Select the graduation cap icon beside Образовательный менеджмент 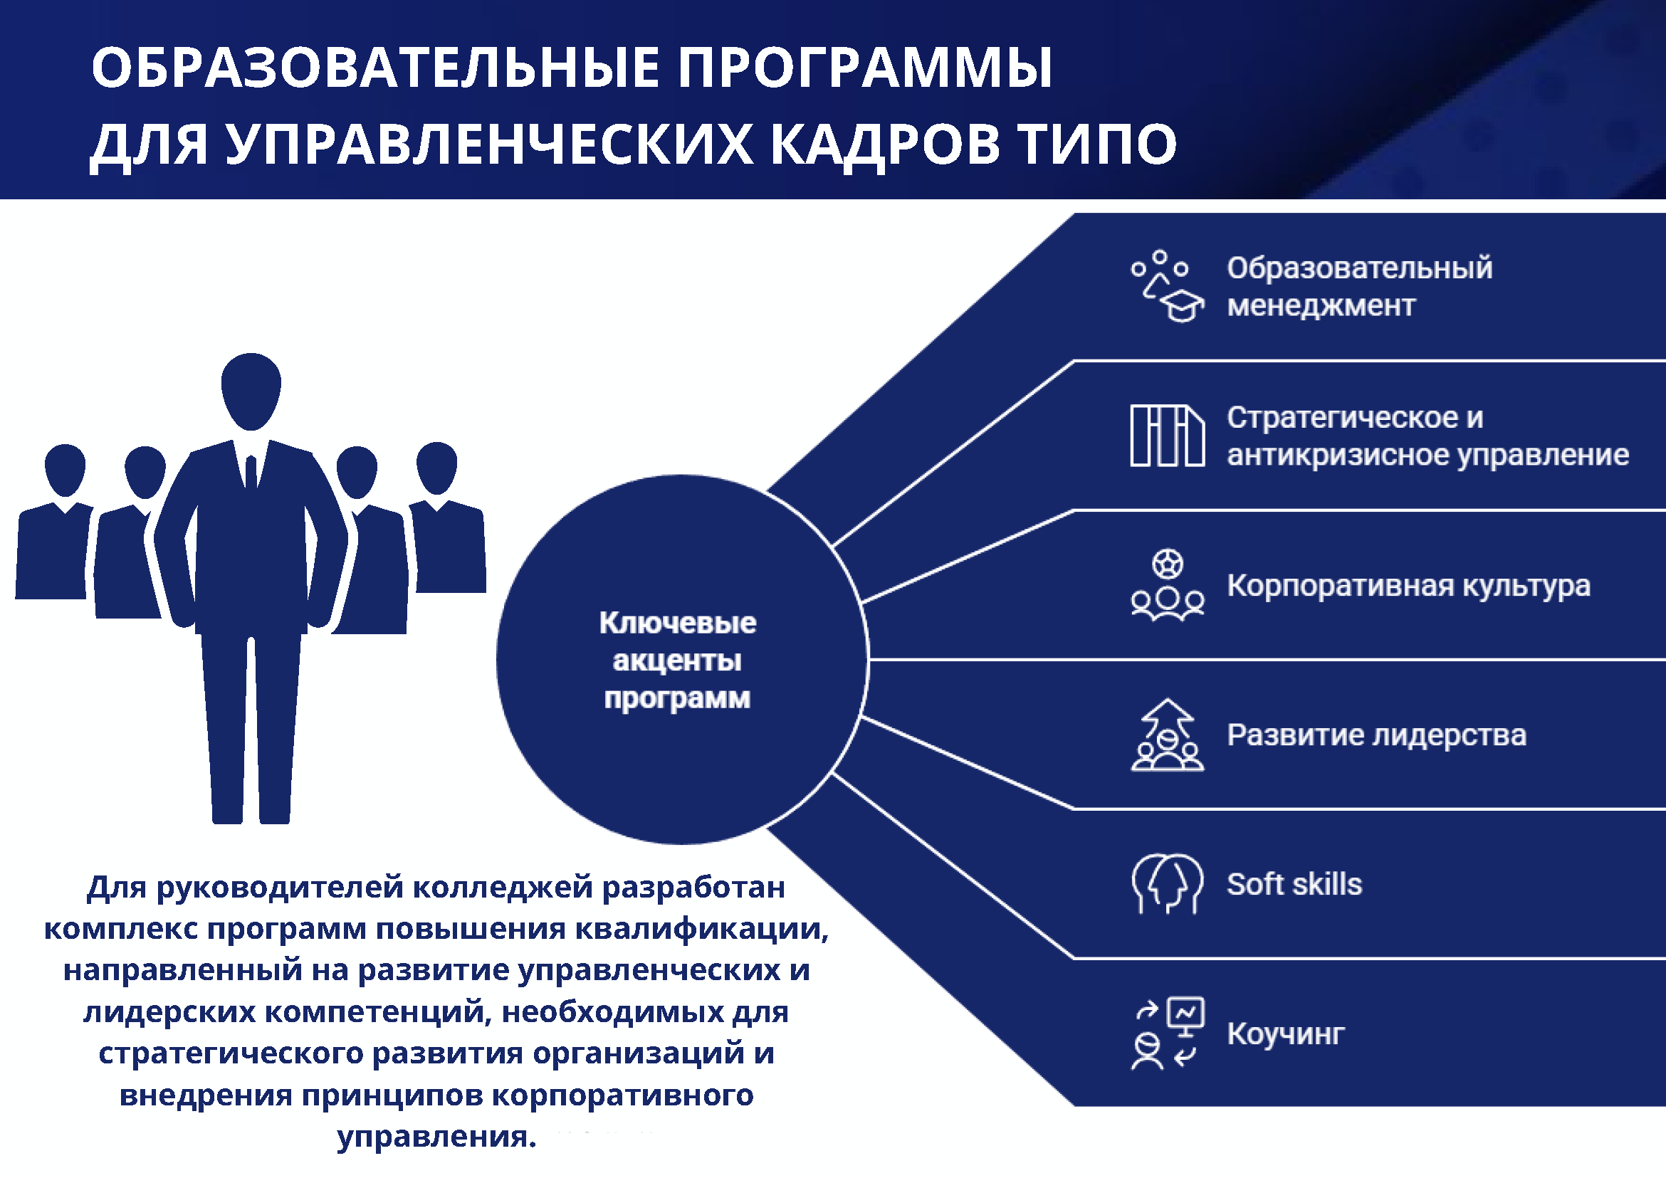point(1167,287)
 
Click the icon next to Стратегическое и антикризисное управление point(1167,435)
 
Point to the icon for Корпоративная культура point(1167,585)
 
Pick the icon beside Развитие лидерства point(1167,735)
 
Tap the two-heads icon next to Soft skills point(1167,884)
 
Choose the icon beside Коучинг point(1167,1034)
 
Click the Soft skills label point(1294,884)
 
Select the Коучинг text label point(1286,1034)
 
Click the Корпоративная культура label point(1408,586)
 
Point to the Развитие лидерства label point(1376,735)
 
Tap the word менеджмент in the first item point(1321,306)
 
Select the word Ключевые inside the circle point(678,623)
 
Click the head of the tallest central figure point(251,391)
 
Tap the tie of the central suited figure point(251,472)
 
